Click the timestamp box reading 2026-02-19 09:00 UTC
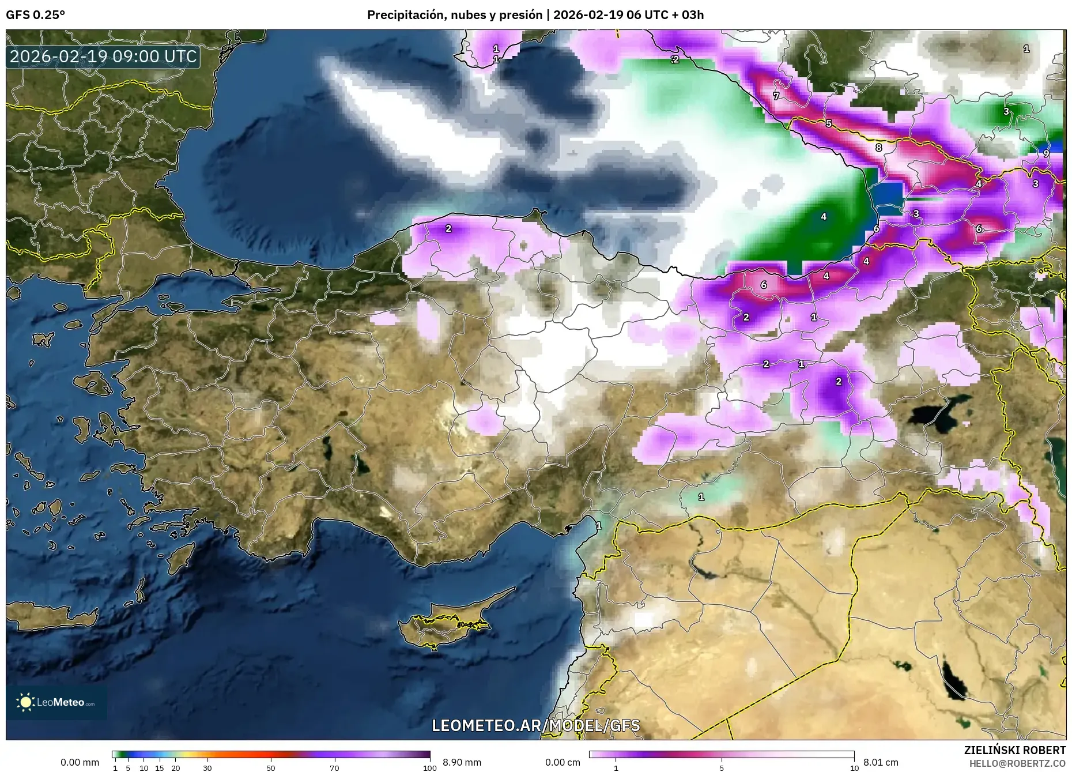coord(103,57)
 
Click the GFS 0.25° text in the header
coord(35,15)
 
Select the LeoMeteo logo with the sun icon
coord(56,702)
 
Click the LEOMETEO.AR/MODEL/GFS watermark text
coord(535,725)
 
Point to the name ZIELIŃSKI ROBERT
coord(1014,750)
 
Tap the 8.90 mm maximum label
coord(462,762)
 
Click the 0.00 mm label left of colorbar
coord(80,762)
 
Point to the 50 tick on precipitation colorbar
coord(271,768)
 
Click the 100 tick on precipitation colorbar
coord(429,768)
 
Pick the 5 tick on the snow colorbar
coord(722,768)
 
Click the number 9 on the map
coord(1046,153)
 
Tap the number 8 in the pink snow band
coord(878,148)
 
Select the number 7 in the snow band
coord(776,96)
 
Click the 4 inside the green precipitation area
coord(824,217)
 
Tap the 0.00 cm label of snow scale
coord(563,762)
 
